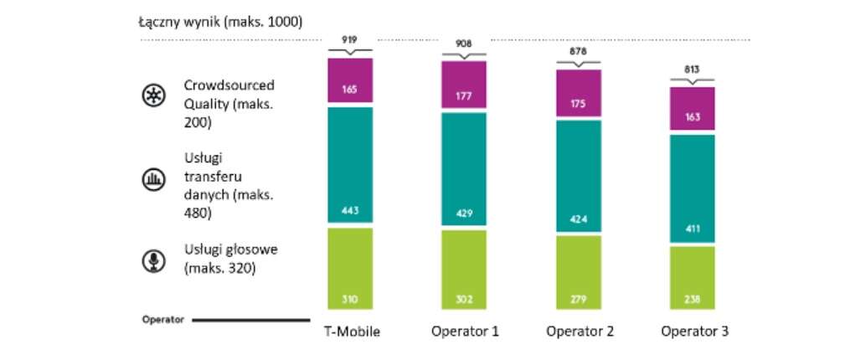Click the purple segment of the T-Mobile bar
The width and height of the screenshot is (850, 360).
pos(350,80)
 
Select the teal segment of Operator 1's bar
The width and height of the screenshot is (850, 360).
pos(464,167)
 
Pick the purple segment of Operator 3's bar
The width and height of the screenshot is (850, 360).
pos(693,109)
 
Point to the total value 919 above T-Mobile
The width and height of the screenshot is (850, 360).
pos(350,39)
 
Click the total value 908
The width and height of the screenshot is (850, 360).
pos(464,44)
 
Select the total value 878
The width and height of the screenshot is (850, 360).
pos(579,51)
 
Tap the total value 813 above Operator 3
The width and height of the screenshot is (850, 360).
pos(693,70)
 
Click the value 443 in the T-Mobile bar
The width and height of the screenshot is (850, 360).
pos(350,210)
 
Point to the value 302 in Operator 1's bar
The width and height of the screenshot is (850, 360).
pos(464,300)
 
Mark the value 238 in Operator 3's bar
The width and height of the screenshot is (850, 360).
pos(693,300)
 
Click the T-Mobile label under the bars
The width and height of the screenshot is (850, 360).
pos(352,332)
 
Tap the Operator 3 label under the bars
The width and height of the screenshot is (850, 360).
pos(694,332)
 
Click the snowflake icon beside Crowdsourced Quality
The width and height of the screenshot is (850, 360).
pos(152,95)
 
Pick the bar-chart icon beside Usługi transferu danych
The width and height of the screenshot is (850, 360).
pos(152,177)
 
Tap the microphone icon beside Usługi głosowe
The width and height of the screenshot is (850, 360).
pos(152,260)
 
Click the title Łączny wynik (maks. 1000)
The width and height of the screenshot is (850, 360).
pos(220,21)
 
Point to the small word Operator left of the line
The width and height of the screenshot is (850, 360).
pos(162,320)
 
